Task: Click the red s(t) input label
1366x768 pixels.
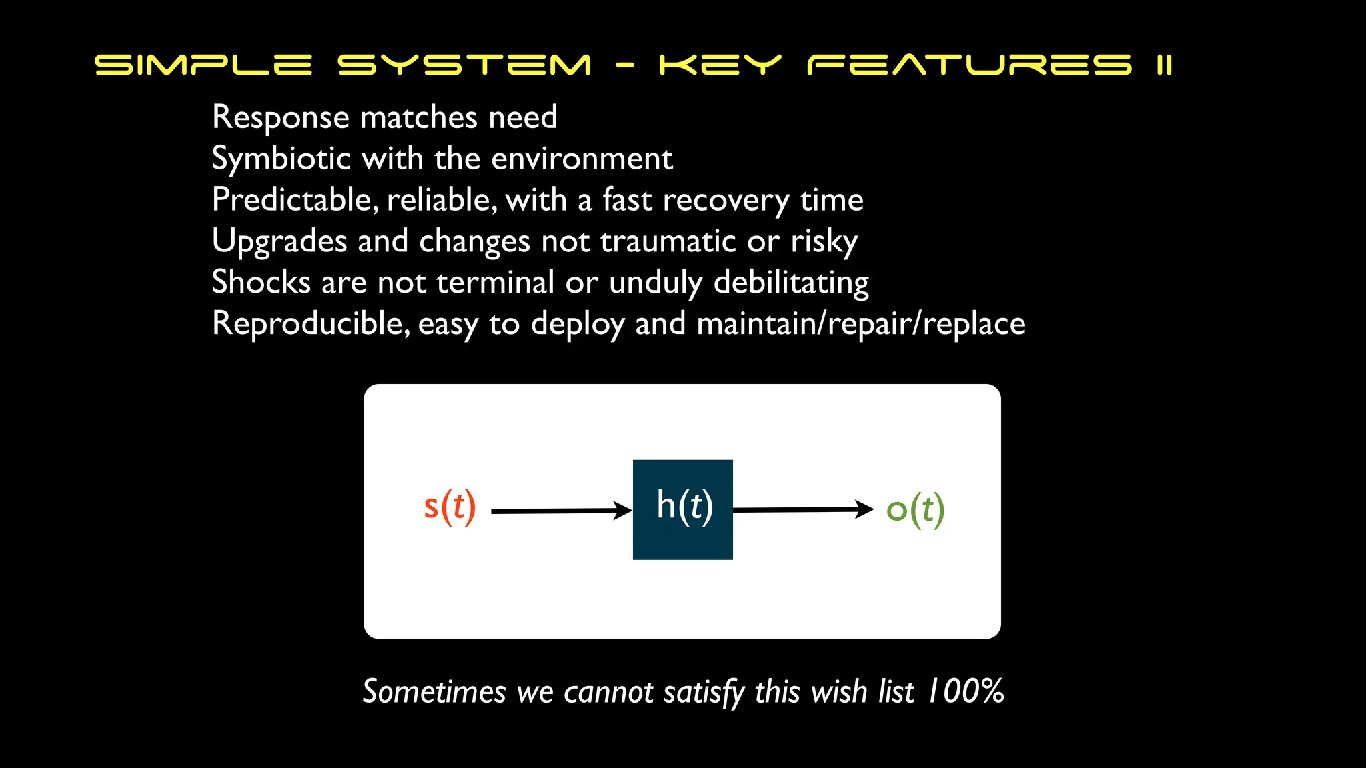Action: (x=450, y=507)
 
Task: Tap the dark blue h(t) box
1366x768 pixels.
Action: (x=682, y=509)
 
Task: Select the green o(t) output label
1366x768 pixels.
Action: (x=915, y=510)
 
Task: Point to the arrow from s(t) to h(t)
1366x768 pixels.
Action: (x=560, y=511)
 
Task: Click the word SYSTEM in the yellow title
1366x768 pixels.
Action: (x=464, y=65)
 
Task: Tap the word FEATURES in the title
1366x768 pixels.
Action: (x=969, y=65)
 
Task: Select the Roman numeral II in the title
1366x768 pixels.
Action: (x=1164, y=65)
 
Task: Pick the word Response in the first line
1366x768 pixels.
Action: (x=280, y=118)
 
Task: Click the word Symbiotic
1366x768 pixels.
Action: (x=281, y=159)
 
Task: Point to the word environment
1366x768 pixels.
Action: (x=582, y=159)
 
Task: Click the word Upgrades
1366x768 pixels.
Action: (x=279, y=241)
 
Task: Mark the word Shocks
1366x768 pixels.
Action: (x=261, y=282)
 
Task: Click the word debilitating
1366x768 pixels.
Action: (x=791, y=283)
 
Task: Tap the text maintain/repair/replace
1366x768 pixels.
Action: (x=860, y=324)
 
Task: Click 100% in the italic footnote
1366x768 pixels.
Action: (x=966, y=691)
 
